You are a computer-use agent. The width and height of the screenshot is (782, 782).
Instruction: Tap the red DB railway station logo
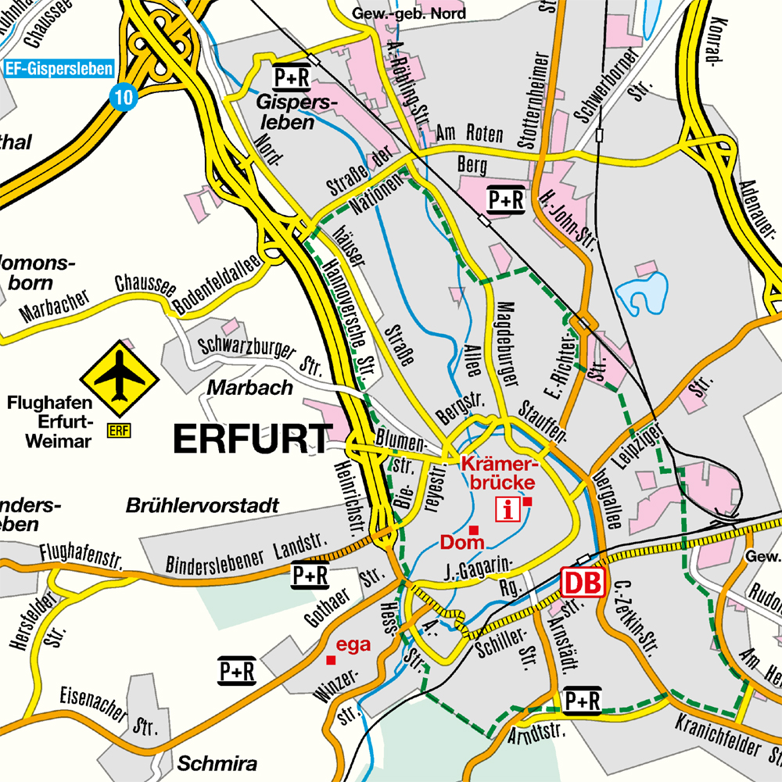click(x=583, y=582)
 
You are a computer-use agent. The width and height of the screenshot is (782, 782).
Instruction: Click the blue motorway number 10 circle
click(x=123, y=96)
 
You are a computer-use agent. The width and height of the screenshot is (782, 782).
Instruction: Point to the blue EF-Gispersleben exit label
click(x=59, y=68)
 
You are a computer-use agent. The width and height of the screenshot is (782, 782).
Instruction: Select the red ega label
click(x=353, y=645)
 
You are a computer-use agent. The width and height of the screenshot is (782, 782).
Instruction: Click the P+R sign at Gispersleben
click(x=290, y=77)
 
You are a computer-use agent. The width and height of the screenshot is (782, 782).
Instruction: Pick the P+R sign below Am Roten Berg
click(x=505, y=200)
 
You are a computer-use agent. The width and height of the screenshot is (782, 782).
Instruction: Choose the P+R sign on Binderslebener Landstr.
click(x=310, y=576)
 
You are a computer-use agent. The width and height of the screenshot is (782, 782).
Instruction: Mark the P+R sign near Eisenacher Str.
click(x=237, y=670)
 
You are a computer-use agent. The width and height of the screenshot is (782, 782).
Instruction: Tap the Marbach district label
click(x=250, y=387)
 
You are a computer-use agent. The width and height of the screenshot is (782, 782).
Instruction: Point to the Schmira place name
click(x=217, y=763)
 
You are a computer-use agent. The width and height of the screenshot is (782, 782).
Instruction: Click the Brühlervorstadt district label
click(x=202, y=506)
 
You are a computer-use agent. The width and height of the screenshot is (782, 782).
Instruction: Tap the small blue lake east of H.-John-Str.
click(x=643, y=292)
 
